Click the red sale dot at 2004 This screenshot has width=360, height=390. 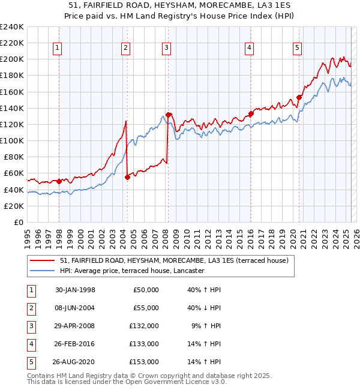127,177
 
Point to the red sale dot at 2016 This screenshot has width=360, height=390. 251,113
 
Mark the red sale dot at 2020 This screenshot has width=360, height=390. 299,97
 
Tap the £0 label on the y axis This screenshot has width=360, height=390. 18,222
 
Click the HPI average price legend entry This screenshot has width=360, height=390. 132,271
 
